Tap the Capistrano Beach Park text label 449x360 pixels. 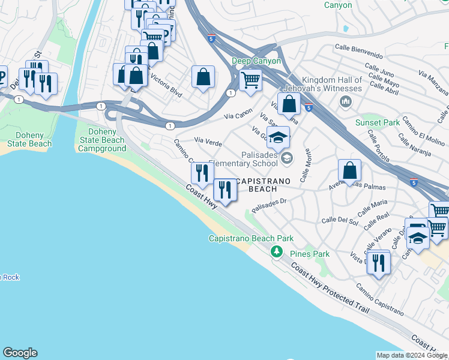(x=250, y=238)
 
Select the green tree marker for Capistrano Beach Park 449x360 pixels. (x=277, y=251)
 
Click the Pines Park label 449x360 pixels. (x=310, y=254)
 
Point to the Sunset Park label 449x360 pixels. (x=377, y=122)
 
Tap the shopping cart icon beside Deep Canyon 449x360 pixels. (x=250, y=79)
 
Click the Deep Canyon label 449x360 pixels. (x=256, y=61)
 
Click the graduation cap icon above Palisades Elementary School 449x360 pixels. (x=277, y=137)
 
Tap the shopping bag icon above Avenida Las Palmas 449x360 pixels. (x=349, y=170)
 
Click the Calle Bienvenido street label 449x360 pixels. (x=359, y=48)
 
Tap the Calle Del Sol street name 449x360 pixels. (x=340, y=221)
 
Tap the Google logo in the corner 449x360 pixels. (x=20, y=353)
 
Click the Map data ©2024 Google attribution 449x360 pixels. (x=412, y=355)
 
